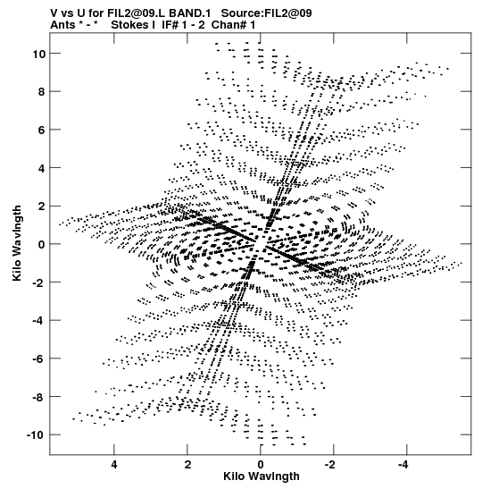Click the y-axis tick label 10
point(39,54)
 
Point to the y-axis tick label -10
point(36,435)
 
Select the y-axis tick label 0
point(42,245)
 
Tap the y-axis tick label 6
point(42,130)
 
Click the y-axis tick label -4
point(39,321)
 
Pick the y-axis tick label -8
point(39,397)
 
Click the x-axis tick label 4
point(114,465)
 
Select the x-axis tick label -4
point(403,465)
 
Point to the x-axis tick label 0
point(261,465)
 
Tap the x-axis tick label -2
point(330,465)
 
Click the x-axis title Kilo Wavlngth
point(262,476)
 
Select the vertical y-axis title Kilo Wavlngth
point(17,243)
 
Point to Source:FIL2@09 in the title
point(266,13)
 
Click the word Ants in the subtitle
point(62,25)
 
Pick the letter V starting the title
point(54,13)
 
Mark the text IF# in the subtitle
point(170,25)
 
